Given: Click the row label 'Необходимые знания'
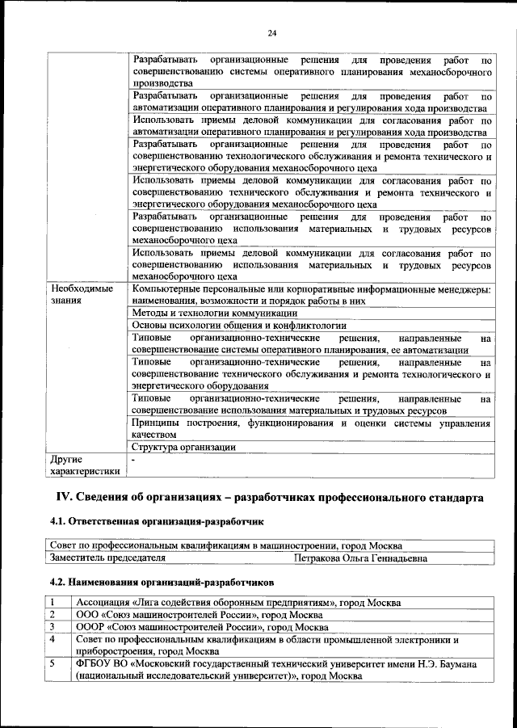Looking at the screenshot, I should point(82,294).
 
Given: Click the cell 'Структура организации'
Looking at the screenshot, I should point(183,447).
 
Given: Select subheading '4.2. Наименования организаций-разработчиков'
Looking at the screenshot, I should point(162,581).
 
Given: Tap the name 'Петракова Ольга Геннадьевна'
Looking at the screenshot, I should point(361,558).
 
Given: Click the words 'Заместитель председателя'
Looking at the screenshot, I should point(107,558).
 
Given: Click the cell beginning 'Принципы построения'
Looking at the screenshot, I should point(311,428).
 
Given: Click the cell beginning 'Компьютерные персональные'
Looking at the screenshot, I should point(311,294).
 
